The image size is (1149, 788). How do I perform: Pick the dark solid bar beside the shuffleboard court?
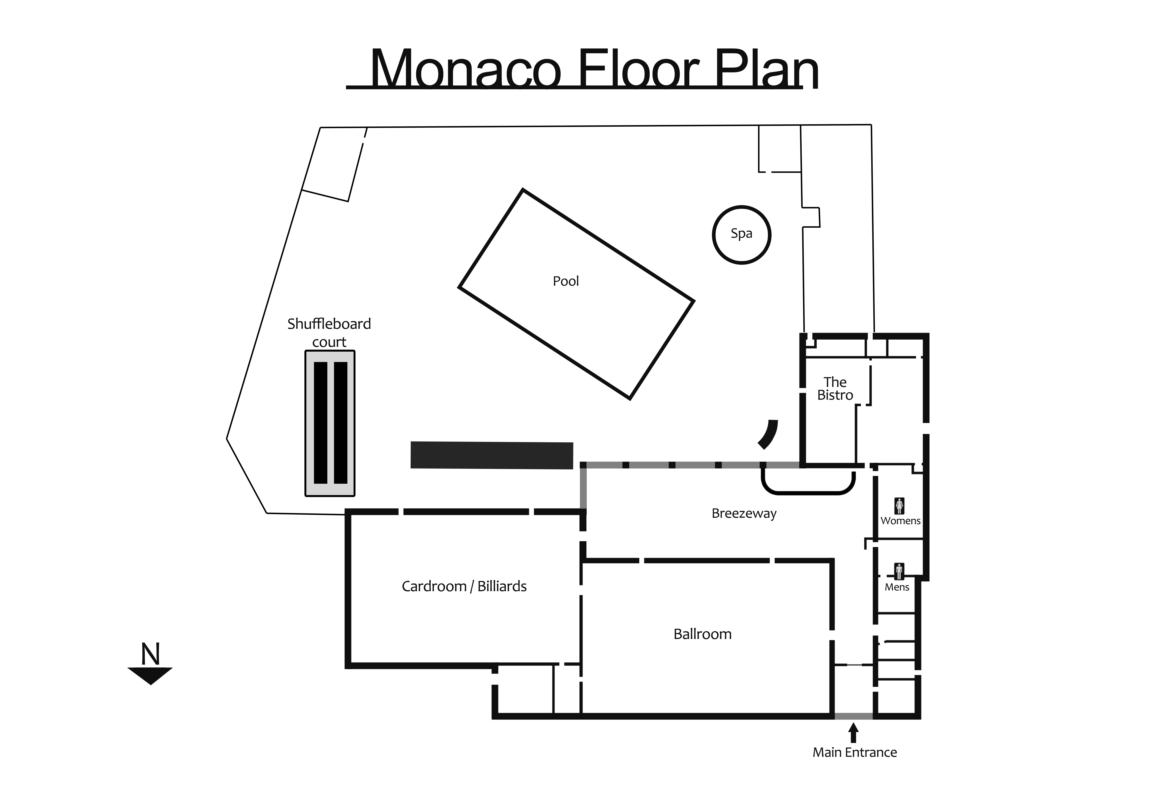[492, 455]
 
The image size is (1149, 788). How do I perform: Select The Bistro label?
[835, 389]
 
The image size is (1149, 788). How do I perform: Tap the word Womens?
[900, 521]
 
